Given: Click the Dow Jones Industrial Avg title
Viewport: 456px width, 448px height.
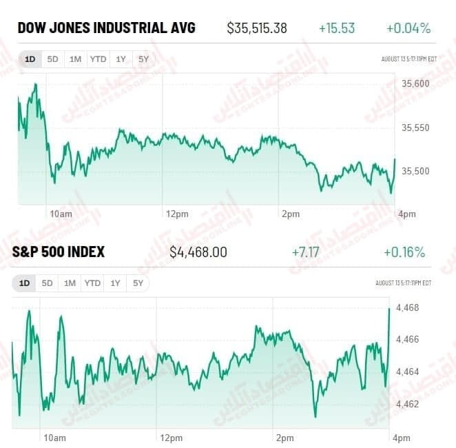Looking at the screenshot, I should point(106,28).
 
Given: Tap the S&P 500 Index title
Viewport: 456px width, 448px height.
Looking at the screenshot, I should point(59,252).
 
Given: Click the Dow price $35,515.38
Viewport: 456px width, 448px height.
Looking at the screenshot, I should point(257,28).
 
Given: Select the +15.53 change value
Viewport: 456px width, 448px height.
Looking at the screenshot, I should point(337,28).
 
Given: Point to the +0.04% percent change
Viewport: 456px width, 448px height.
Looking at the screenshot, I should point(408,28).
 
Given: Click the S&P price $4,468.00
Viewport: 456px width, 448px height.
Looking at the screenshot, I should point(198,252).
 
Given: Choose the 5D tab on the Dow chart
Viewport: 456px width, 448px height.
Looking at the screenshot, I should point(52,59).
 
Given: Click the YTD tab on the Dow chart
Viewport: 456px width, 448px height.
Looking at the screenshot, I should point(98,59).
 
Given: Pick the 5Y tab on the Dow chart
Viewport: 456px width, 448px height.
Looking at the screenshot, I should point(143,59).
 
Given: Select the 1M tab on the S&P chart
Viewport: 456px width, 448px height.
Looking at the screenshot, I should point(70,283).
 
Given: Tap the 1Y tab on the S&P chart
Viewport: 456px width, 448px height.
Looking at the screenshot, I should point(115,283).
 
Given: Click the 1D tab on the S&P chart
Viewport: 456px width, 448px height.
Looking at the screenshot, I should point(24,283).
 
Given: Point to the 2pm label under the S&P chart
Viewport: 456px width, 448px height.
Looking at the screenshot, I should point(284,438).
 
